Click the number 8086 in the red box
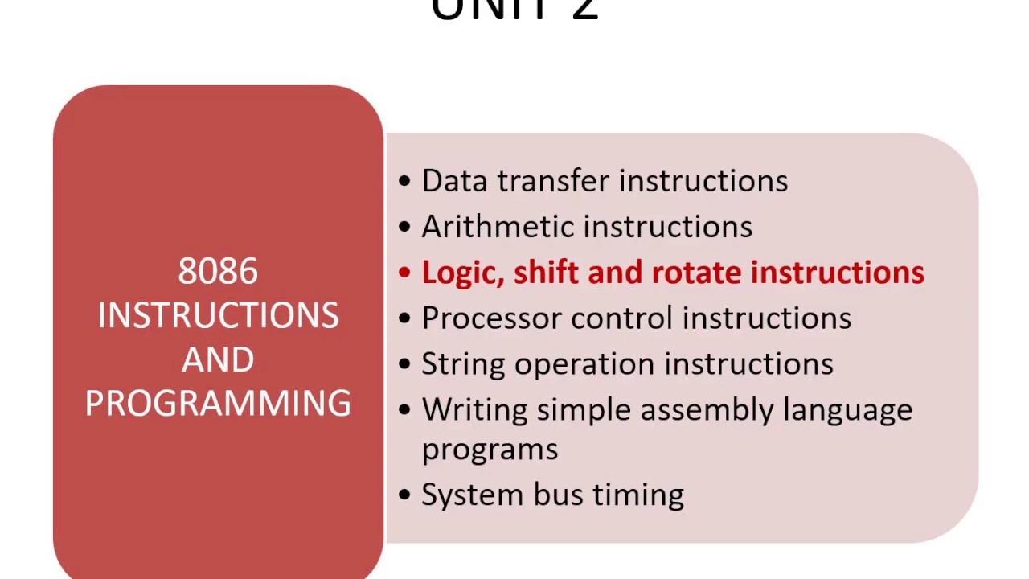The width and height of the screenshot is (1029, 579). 218,272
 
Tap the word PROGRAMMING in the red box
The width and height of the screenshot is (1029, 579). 218,402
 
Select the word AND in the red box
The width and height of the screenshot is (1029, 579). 218,359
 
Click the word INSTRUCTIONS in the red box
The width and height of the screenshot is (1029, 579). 218,315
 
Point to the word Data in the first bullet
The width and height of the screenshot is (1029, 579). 455,181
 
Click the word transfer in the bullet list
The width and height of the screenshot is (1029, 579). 554,181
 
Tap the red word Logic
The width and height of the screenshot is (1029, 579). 462,273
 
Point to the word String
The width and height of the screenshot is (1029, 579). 464,364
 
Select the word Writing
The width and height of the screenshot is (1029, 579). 475,410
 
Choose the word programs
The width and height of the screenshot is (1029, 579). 490,449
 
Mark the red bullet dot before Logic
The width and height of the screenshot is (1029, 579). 404,273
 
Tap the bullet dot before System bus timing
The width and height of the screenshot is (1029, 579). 404,495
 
